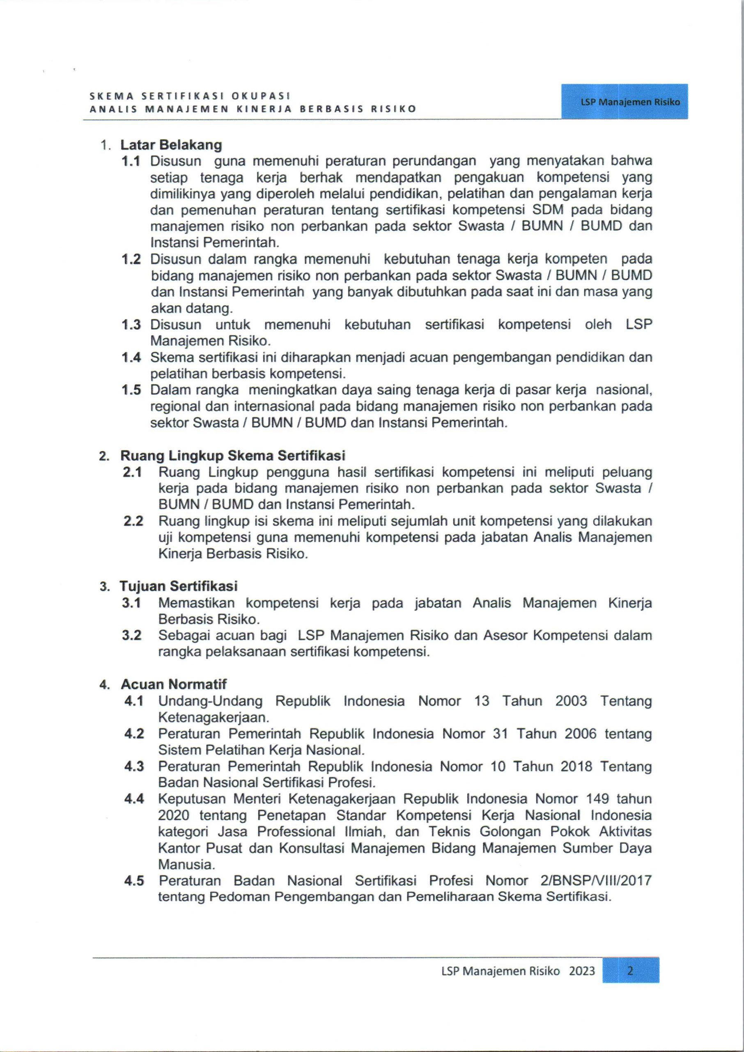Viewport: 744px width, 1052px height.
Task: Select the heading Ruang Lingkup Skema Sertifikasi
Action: (233, 456)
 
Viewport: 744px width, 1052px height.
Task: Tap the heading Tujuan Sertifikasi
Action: (179, 586)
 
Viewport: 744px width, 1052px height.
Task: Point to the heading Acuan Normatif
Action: (174, 684)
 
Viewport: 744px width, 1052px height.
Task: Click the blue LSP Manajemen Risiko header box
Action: (625, 102)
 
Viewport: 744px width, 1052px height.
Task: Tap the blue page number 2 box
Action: (630, 970)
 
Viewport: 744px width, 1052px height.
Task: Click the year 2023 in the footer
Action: (582, 971)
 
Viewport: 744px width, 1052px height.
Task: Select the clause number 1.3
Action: (131, 325)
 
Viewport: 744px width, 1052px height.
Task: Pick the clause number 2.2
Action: (133, 521)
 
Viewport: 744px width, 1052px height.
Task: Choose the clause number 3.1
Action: (131, 603)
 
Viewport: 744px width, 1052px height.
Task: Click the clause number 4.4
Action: (134, 799)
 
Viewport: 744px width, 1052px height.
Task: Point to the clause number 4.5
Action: (134, 881)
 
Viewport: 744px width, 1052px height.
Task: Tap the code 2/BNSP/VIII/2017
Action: (595, 881)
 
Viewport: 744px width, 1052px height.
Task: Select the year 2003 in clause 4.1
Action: (571, 701)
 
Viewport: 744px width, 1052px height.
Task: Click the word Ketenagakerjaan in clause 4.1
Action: (214, 717)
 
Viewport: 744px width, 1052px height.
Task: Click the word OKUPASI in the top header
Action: (261, 96)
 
